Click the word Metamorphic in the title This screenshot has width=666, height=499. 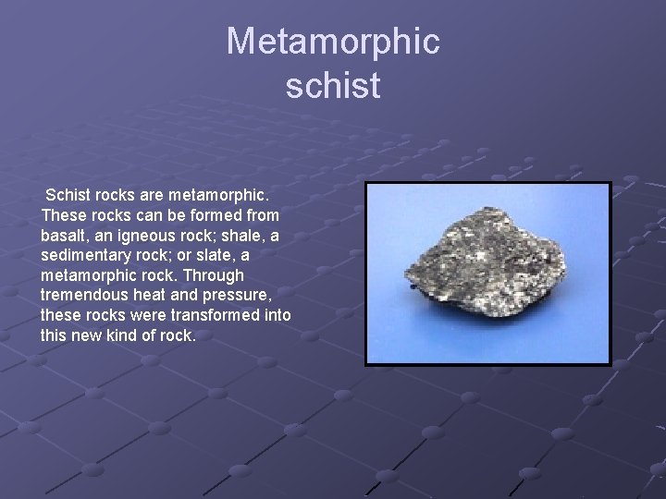333,42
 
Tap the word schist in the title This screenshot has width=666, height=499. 333,85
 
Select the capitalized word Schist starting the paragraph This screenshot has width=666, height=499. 68,195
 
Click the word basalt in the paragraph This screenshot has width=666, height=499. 65,236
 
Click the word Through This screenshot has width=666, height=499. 214,275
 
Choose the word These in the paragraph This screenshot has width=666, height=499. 63,215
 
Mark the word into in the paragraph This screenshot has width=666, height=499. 277,315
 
